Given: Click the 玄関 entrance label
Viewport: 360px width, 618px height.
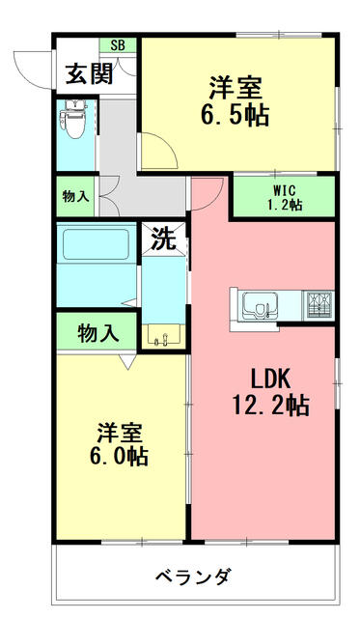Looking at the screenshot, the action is (90, 73).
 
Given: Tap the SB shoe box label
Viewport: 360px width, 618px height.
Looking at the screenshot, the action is (118, 45).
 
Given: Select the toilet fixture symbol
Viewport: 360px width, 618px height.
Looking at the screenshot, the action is (75, 119).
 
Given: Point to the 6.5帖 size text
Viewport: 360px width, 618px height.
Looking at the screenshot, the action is (235, 116).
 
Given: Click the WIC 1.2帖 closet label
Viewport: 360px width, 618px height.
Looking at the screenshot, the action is (285, 198).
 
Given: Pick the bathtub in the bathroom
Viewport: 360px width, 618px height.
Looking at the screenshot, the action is (97, 244).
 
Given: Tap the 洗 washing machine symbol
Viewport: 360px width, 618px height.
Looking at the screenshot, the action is (163, 239).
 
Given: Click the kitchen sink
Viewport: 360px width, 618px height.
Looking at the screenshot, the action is (260, 305).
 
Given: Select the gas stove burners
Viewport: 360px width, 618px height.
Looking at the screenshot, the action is (318, 305).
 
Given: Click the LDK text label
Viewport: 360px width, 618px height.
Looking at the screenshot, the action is (271, 379).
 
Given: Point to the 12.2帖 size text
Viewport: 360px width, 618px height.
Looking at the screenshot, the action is (270, 405).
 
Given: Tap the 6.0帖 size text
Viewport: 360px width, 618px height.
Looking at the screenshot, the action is (119, 457).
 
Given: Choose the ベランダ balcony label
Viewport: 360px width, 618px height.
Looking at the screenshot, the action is (192, 577).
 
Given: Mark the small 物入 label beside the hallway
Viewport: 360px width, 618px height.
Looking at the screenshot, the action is (75, 196).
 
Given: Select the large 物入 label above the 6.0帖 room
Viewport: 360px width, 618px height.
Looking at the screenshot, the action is (98, 333).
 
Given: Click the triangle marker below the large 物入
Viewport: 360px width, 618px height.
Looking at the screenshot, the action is (127, 361).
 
